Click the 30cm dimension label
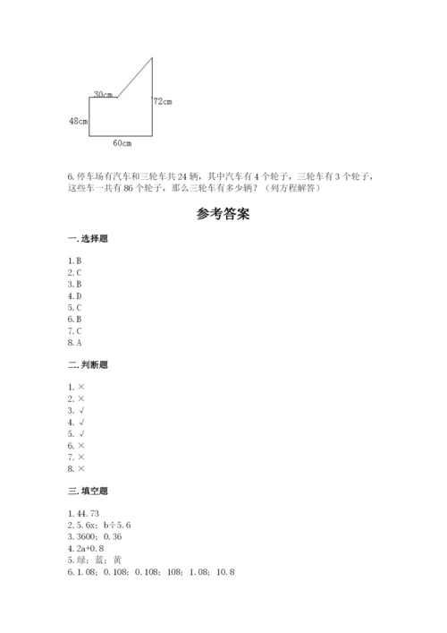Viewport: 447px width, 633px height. [x=102, y=94]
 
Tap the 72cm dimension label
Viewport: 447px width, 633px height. [x=162, y=101]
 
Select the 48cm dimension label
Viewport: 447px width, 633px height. [x=78, y=120]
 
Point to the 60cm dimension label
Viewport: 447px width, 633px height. [x=122, y=142]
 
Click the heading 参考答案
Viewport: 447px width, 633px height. [x=223, y=215]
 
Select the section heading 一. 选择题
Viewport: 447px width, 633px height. [x=89, y=239]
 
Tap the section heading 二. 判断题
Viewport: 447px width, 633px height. [x=89, y=365]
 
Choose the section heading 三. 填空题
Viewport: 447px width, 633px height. [x=89, y=491]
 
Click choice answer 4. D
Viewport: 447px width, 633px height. [x=74, y=295]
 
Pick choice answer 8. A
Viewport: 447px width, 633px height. [x=74, y=342]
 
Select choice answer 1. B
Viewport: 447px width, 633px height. [x=74, y=261]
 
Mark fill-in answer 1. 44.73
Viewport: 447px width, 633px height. [x=85, y=513]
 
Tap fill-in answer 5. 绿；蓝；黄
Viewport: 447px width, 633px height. [x=94, y=560]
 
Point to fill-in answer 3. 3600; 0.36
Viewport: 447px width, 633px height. [x=93, y=536]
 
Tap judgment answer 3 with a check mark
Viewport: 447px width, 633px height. [x=76, y=409]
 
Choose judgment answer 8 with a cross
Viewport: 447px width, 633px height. [x=76, y=467]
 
